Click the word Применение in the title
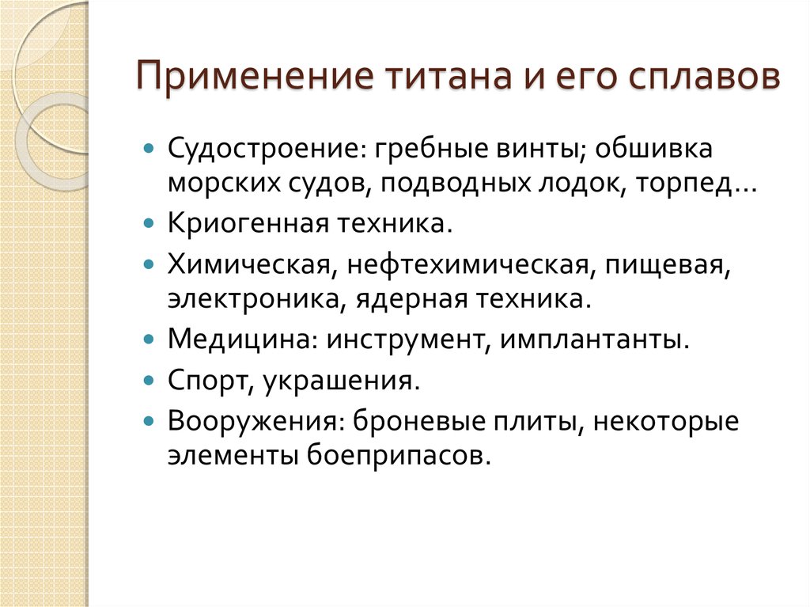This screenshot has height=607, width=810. coord(255,76)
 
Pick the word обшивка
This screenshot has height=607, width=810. coord(654,149)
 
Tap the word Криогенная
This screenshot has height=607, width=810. coord(248,224)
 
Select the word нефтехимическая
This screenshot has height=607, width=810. coord(467,266)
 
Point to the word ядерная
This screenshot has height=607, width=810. coord(411,301)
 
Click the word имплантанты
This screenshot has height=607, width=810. coord(594,341)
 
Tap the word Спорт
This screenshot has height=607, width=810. coord(210,381)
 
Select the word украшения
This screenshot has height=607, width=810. coord(340,381)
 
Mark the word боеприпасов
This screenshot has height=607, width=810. coord(398,456)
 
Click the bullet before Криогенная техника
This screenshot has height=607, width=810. coord(149,224)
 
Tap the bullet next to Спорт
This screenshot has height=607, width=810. coord(149,381)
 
